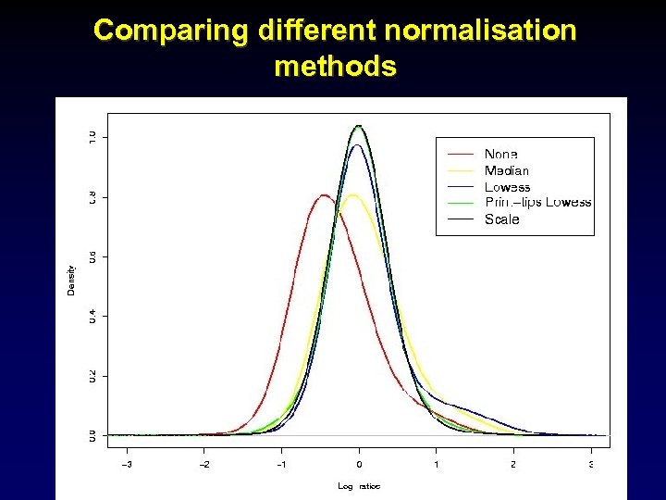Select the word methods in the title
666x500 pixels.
pyautogui.click(x=335, y=67)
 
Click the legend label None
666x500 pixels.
pyautogui.click(x=500, y=154)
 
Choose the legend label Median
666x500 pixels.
pyautogui.click(x=507, y=170)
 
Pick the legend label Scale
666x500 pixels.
pyautogui.click(x=501, y=219)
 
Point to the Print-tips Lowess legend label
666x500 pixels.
pyautogui.click(x=537, y=203)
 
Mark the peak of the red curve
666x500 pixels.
pyautogui.click(x=323, y=195)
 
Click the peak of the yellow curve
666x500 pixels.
pyautogui.click(x=351, y=195)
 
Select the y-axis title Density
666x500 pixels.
pyautogui.click(x=71, y=280)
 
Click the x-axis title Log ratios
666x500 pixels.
pyautogui.click(x=359, y=486)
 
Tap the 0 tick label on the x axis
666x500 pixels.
pyautogui.click(x=359, y=464)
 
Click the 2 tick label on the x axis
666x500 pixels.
pyautogui.click(x=513, y=464)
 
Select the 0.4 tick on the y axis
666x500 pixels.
pyautogui.click(x=92, y=316)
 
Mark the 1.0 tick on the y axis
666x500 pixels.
pyautogui.click(x=92, y=137)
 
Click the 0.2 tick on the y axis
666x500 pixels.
pyautogui.click(x=92, y=375)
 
